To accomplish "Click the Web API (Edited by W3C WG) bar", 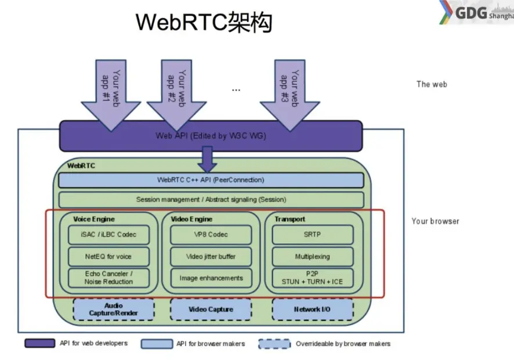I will [x=211, y=136].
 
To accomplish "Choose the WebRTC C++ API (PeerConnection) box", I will [x=211, y=180].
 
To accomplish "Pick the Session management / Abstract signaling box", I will [x=211, y=200].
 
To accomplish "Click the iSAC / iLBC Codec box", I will [x=108, y=235].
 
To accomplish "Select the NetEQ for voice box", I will [x=108, y=256].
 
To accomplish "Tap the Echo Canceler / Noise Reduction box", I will [x=108, y=278].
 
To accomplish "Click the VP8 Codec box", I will [x=211, y=235].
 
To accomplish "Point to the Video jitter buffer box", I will [x=211, y=256].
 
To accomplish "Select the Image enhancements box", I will [x=211, y=278].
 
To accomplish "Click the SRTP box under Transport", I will [x=312, y=235].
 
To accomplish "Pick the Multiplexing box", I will [x=312, y=256].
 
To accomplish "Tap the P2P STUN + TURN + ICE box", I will [x=312, y=278].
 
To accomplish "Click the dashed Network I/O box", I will [x=312, y=309].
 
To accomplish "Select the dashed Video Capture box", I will [x=211, y=309].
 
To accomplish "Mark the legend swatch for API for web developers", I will [x=40, y=344].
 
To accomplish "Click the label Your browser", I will [x=435, y=221].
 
